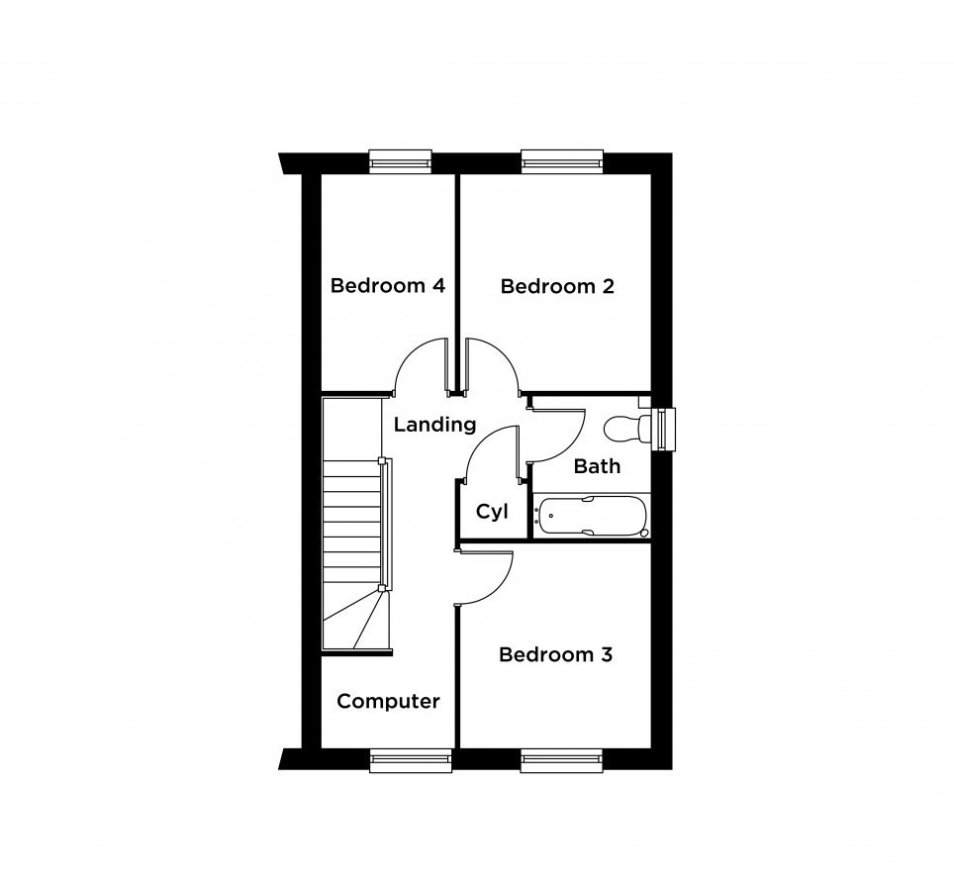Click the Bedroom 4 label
[388, 285]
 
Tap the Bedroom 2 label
[557, 286]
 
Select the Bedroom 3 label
[555, 654]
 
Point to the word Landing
[434, 425]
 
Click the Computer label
[388, 701]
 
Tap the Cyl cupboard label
[492, 512]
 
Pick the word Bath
[597, 466]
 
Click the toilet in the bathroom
[626, 428]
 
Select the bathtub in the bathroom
[592, 517]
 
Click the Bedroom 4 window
[401, 162]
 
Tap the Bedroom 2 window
[562, 162]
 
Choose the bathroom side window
[663, 429]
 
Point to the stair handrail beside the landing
[386, 524]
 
